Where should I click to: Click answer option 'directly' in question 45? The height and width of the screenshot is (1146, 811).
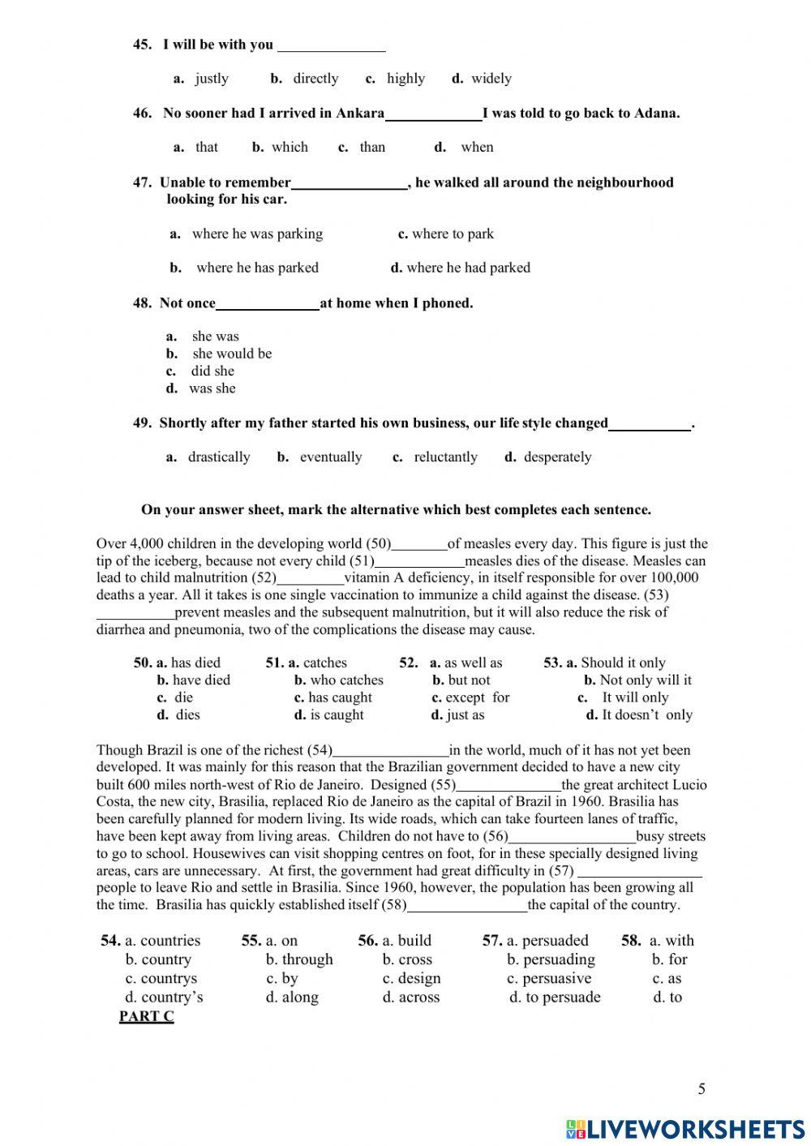coord(315,79)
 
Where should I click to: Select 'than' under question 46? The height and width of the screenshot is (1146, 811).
coord(372,147)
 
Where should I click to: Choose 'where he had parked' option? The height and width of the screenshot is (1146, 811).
coord(468,268)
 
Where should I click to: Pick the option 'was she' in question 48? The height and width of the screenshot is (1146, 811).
coord(212,388)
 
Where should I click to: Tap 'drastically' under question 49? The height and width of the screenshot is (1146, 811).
coord(219,457)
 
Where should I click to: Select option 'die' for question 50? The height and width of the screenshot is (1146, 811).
coord(183,697)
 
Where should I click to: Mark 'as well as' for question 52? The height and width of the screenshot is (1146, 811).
coord(473,663)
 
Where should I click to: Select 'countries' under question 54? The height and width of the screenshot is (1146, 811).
coord(169,941)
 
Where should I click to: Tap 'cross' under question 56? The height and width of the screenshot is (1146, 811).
coord(415,959)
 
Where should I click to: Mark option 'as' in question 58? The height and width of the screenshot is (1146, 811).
coord(674,979)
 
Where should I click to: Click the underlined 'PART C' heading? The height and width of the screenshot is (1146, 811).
coord(146,1016)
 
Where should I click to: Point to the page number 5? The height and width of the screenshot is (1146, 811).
coord(702,1089)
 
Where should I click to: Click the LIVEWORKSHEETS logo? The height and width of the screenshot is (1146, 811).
coord(686,1129)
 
